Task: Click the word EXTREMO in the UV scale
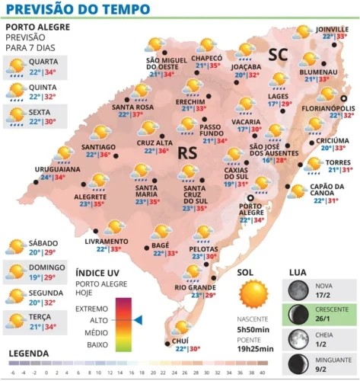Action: coord(92,309)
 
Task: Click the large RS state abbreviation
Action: coord(187,152)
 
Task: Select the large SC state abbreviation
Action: coord(279,53)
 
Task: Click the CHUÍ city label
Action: coord(181,341)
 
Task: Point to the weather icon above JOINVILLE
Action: coord(304,31)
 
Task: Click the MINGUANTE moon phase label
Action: coord(333,358)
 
